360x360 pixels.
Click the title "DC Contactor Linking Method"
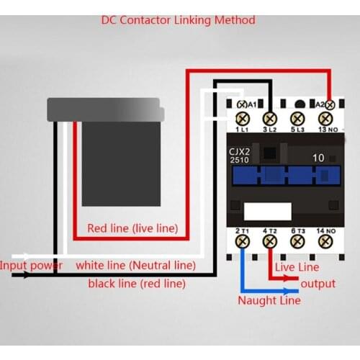pos(178,20)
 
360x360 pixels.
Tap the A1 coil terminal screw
pos(242,104)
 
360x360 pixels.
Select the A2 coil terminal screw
pos(330,104)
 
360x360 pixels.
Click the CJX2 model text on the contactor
pos(240,153)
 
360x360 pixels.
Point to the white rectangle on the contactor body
pos(268,210)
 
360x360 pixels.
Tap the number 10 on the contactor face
pos(318,157)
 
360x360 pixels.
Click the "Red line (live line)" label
pos(132,228)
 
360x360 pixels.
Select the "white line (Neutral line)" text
pos(135,265)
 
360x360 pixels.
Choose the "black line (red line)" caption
pos(137,283)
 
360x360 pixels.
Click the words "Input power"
pos(31,265)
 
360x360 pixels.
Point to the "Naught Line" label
pos(269,300)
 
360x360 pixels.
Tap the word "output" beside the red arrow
pos(318,283)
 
